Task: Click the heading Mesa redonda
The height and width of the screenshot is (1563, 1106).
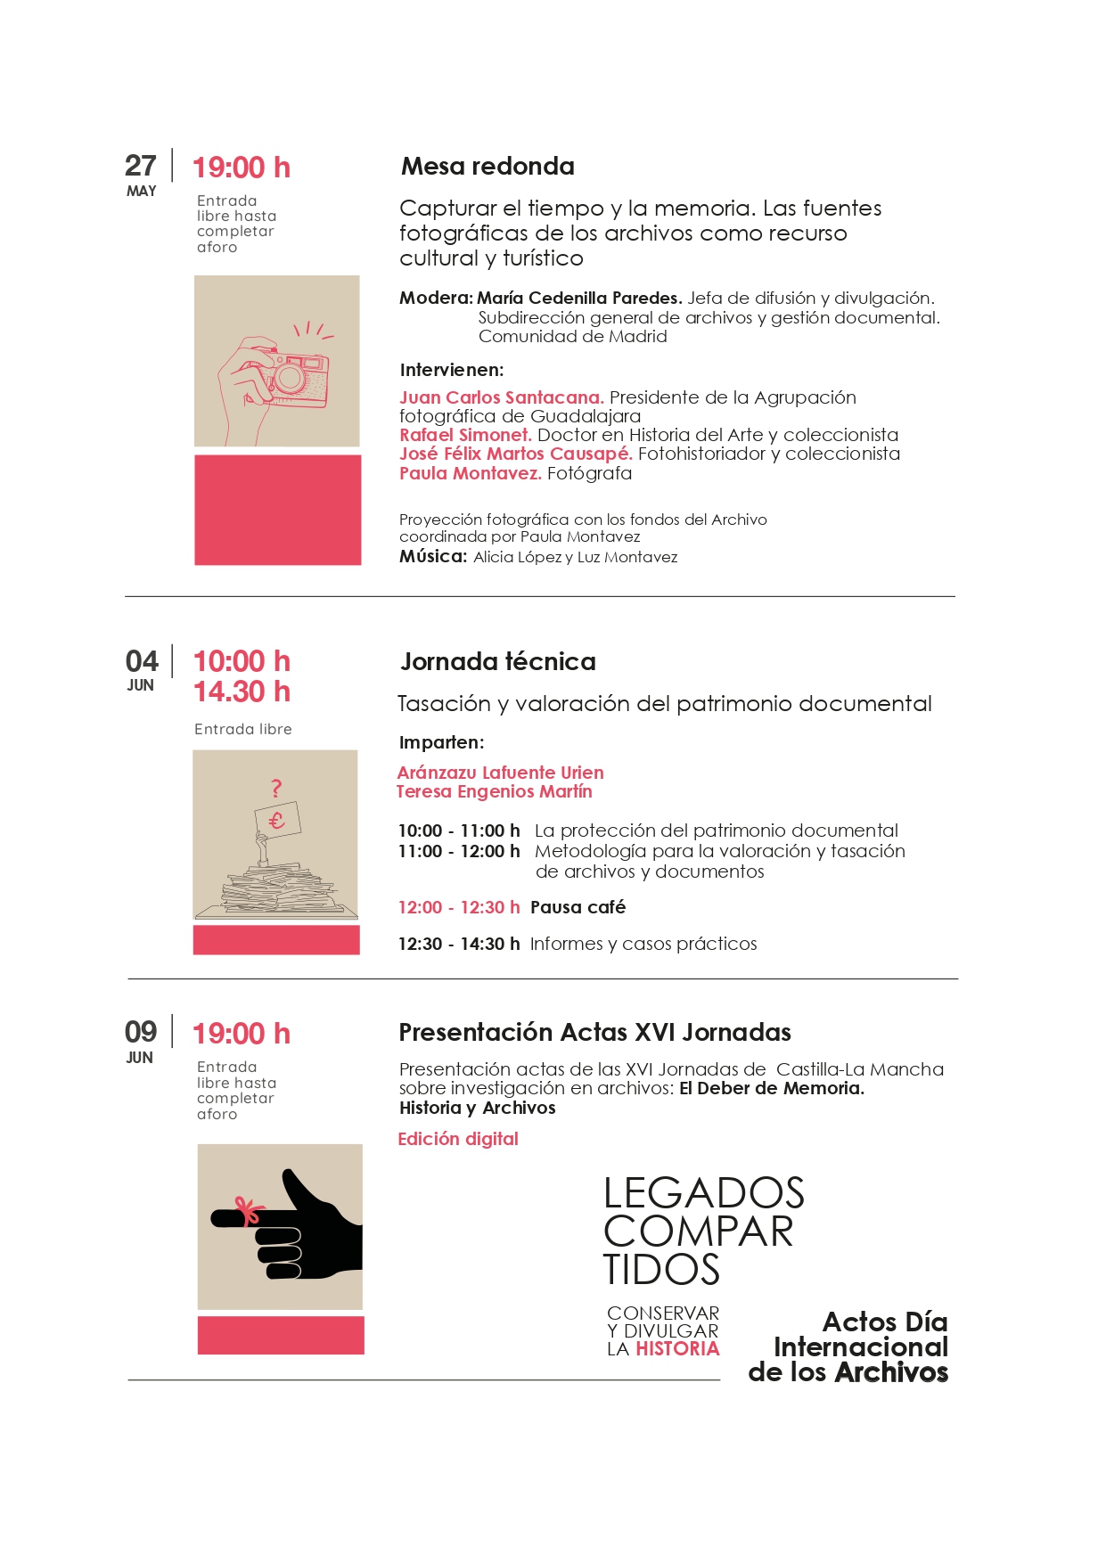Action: pos(487,167)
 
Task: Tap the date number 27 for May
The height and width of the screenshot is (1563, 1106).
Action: pos(141,166)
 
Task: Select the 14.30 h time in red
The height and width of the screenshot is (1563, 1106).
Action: pos(242,691)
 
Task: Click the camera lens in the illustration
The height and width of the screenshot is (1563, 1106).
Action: pos(290,378)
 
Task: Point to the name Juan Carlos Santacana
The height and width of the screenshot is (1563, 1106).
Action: pos(501,397)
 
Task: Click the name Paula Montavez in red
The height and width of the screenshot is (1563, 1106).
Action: pos(470,473)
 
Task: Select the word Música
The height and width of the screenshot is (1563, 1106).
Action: pos(432,557)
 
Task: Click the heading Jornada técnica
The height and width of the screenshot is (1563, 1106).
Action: pos(498,662)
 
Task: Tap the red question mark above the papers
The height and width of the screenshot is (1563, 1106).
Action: pos(276,788)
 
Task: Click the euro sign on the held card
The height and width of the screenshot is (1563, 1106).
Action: pos(277,820)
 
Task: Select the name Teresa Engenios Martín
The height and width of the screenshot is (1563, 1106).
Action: pos(495,791)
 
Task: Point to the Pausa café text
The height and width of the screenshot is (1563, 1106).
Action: pos(578,907)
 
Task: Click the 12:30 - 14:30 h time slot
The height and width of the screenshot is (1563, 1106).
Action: pos(459,944)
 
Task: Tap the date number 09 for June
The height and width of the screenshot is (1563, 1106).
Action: pos(141,1032)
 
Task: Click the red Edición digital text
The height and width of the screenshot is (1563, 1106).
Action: pos(458,1139)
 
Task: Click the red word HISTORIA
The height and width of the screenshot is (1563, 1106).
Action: pos(677,1349)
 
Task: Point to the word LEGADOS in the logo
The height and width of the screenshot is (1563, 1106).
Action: pos(704,1193)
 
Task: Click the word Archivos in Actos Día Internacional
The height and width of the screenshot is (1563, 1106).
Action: pos(890,1372)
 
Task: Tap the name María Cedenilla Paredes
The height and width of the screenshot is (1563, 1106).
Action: pos(579,298)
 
